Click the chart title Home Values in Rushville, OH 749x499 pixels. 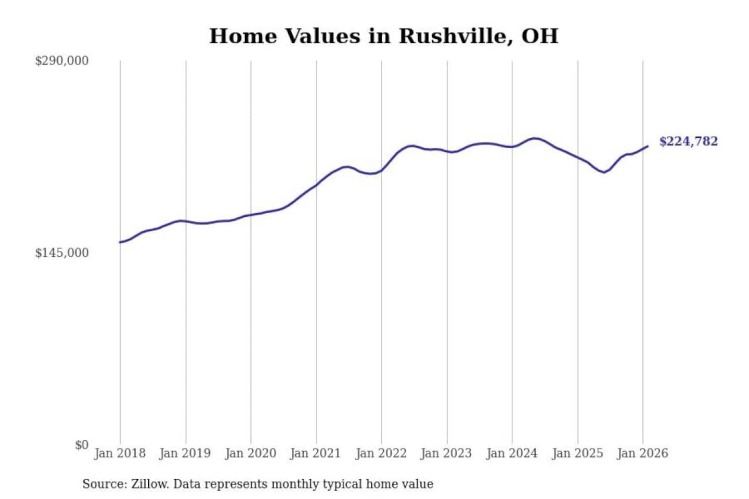pos(384,36)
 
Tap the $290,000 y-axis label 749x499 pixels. pos(61,61)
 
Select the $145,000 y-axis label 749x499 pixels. pos(61,253)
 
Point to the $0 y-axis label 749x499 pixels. pos(81,445)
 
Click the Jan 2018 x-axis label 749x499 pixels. pos(120,453)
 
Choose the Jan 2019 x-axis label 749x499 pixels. pos(185,453)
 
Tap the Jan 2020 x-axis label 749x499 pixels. pos(250,453)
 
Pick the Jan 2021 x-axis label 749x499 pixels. pos(315,453)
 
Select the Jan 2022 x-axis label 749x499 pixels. pos(381,453)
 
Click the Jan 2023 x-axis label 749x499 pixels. pos(446,453)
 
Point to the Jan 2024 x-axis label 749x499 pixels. pos(511,453)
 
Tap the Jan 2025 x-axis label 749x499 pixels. pos(577,453)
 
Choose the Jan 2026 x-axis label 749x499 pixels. pos(642,453)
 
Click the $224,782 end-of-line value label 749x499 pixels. pos(688,141)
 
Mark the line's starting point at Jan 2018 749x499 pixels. pos(120,242)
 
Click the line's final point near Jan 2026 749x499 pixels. pos(648,147)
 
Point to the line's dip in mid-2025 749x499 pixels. pos(604,172)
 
